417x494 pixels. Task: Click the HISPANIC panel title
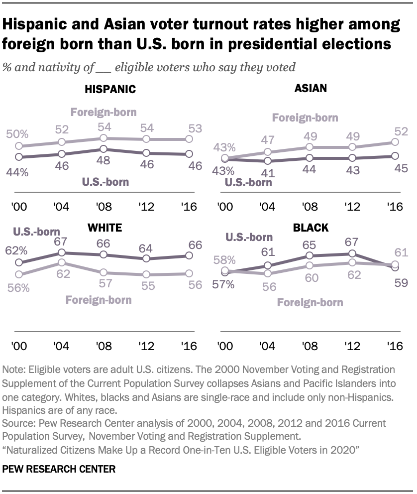[x=110, y=90]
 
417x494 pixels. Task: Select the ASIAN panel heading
[x=311, y=89]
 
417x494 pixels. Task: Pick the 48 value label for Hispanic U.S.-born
[x=104, y=161]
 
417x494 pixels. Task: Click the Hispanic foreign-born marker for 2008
[x=104, y=138]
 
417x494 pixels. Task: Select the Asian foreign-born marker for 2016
[x=394, y=142]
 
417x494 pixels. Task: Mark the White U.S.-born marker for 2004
[x=61, y=253]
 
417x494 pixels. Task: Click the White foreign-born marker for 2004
[x=61, y=262]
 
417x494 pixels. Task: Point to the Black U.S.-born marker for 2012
[x=352, y=254]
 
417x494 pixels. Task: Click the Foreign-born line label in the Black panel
[x=310, y=302]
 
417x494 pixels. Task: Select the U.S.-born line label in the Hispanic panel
[x=105, y=182]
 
